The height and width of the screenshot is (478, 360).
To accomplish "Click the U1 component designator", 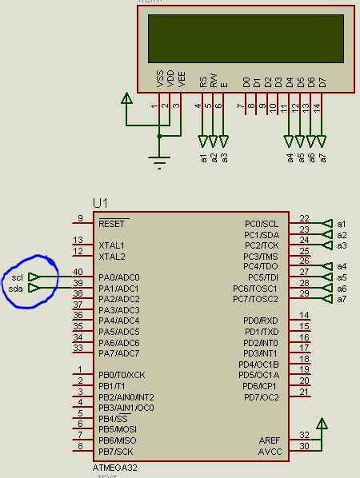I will coord(101,204).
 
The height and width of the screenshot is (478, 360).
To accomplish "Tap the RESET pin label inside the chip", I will coord(113,224).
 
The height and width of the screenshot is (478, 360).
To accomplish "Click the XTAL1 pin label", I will coord(112,245).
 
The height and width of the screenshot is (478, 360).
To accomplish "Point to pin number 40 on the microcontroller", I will coord(78,273).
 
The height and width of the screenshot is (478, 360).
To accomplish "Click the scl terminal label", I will coord(17,277).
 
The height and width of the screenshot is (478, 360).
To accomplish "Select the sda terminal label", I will coord(17,289).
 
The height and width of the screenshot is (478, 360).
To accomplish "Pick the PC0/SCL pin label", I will coord(262,224).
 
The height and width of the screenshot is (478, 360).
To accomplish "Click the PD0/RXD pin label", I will coord(262,321).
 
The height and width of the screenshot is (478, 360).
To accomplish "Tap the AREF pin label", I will coord(270,440).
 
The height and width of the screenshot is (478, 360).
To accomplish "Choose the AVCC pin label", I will coord(270,452).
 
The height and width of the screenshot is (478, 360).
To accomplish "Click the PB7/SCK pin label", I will coord(117,452).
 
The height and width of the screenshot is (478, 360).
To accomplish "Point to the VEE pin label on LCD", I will coord(182,79).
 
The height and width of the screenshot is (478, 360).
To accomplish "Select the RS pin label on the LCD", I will coord(203,82).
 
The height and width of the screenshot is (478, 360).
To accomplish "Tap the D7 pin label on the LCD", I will coord(322,82).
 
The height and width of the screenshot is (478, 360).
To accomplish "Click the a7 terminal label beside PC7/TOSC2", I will coord(342,300).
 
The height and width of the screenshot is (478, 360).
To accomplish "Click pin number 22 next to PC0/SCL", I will coord(304,218).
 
